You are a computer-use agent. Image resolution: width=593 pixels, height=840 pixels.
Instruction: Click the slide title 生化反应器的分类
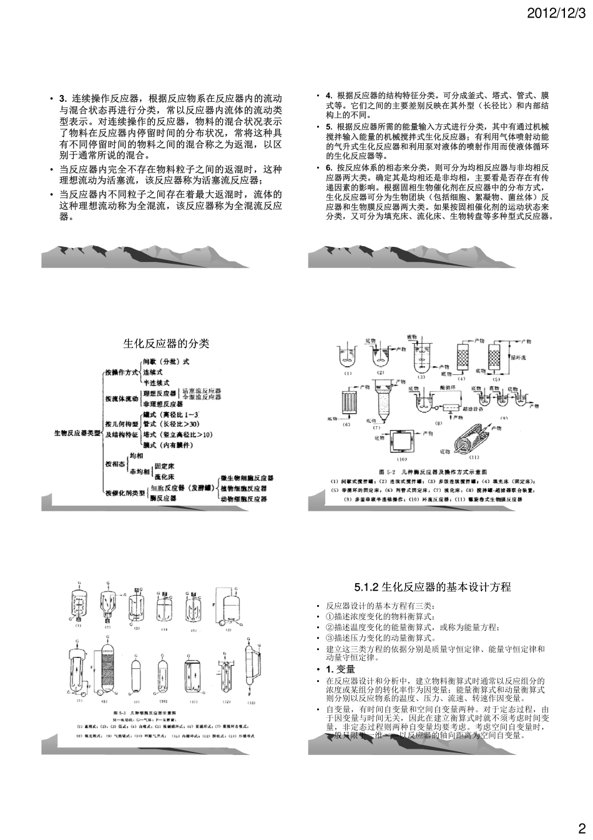point(166,344)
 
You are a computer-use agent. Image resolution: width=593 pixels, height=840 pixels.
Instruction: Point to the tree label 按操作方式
point(122,372)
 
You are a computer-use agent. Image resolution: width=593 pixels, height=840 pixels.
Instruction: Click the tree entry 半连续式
point(156,382)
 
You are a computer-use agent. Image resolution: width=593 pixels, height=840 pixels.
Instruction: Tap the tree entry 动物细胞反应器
point(243,499)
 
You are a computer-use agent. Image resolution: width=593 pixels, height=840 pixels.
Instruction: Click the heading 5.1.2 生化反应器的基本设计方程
point(432,587)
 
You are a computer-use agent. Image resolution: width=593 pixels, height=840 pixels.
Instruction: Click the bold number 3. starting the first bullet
point(62,98)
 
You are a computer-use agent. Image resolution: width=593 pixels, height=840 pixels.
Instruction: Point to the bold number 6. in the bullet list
point(329,168)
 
